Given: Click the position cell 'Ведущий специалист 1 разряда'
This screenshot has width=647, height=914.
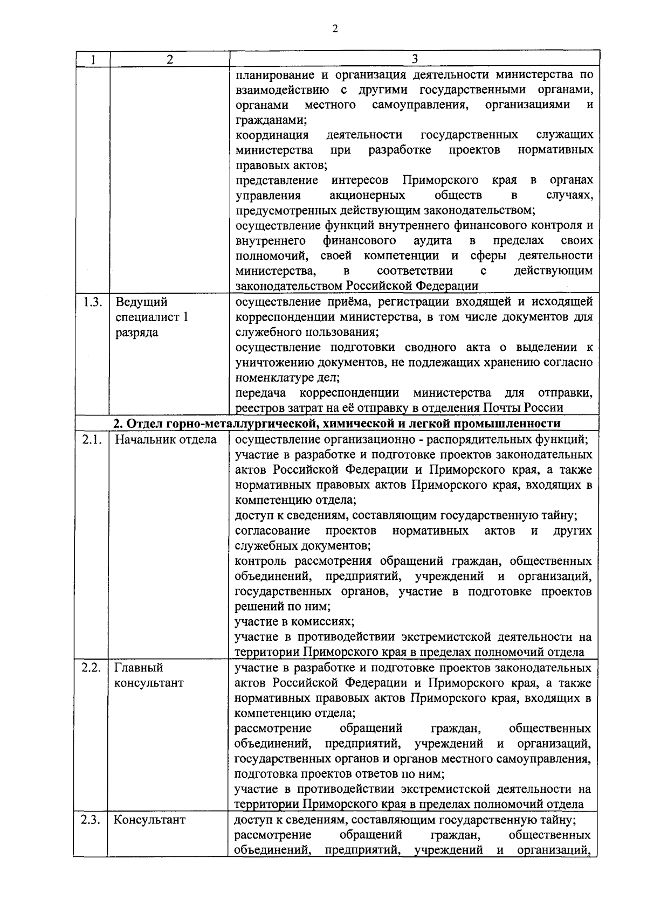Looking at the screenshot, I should click(x=152, y=317).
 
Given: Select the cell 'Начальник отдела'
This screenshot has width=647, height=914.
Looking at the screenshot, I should click(x=166, y=439).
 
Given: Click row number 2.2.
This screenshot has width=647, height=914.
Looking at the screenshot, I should click(x=92, y=668).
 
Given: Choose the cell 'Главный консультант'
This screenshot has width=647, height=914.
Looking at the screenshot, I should click(x=149, y=675).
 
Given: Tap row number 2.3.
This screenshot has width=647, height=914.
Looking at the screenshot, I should click(x=92, y=820).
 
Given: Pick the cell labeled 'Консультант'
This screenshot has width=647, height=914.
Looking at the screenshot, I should click(x=149, y=820).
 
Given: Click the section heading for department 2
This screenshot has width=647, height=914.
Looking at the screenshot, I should click(x=337, y=423).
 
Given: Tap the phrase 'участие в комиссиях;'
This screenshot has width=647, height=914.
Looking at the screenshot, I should click(x=294, y=621).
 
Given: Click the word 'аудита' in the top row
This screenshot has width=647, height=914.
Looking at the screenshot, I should click(x=432, y=240).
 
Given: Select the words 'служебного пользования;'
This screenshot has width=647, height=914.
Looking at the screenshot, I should click(x=307, y=332).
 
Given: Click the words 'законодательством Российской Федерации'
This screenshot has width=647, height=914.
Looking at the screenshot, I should click(x=357, y=286).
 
